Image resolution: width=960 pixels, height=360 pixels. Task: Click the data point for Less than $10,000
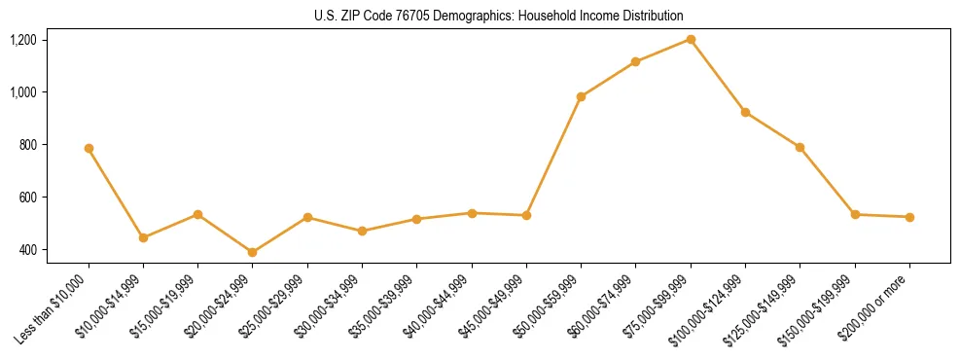(89, 149)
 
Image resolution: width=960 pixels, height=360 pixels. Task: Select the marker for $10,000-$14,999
(143, 237)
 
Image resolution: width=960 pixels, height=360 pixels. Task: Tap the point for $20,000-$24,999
(253, 252)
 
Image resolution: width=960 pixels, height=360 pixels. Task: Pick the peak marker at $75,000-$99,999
(691, 39)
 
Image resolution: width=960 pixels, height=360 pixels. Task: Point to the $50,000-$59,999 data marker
(581, 96)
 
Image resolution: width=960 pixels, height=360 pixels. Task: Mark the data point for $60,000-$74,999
(635, 61)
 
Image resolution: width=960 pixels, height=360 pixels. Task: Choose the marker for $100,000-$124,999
(745, 112)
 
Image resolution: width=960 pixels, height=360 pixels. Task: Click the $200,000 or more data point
(909, 217)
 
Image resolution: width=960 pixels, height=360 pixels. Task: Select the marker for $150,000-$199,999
(855, 214)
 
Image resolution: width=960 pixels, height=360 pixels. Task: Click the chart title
(499, 16)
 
